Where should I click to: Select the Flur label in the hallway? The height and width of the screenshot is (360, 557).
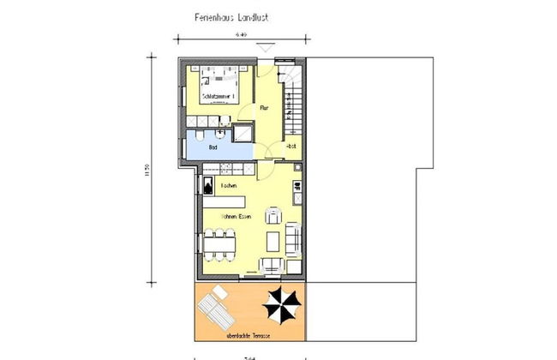point(265,109)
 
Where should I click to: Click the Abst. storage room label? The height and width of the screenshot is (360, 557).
point(290,147)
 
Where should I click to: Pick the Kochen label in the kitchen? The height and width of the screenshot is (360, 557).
point(228,186)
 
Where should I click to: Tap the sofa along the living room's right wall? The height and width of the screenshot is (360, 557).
point(294,239)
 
